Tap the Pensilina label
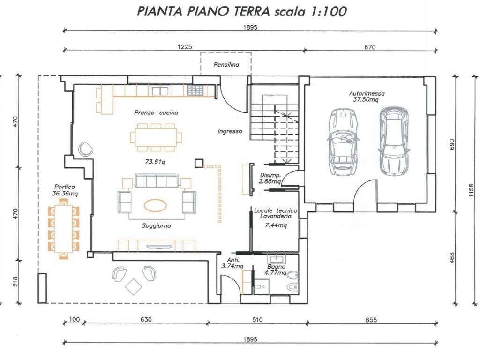(226, 65)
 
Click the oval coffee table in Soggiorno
(157, 205)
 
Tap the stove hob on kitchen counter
(195, 89)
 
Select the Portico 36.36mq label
(64, 189)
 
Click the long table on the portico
(63, 228)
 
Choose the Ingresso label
(230, 132)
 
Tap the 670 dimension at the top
(370, 47)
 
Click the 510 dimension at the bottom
(257, 320)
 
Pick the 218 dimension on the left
(15, 281)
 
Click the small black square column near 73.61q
(199, 163)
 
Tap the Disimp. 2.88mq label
(270, 178)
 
